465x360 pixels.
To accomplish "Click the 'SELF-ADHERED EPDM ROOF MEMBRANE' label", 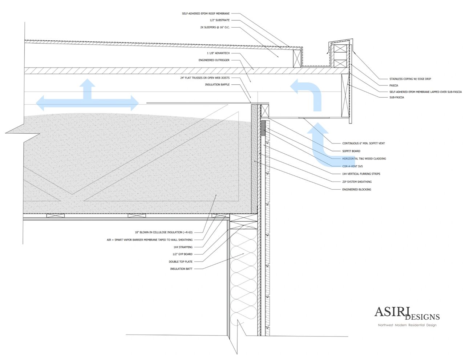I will click(206, 14).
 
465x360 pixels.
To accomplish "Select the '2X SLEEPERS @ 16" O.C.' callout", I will click(215, 27).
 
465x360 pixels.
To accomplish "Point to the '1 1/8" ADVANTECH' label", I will click(218, 53).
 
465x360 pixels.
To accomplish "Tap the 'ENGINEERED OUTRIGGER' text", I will click(214, 60).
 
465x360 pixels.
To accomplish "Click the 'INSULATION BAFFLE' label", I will click(217, 85).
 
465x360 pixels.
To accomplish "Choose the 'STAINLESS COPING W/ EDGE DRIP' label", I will click(410, 79).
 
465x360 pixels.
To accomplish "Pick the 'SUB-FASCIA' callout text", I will click(397, 97).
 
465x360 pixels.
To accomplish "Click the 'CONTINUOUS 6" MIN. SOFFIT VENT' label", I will click(363, 143).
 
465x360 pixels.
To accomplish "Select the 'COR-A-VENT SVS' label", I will click(352, 166).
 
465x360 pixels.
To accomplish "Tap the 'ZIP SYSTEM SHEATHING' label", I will click(357, 182).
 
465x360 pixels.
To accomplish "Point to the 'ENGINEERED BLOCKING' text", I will click(356, 189).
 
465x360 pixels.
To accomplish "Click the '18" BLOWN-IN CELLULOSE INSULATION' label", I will click(163, 232).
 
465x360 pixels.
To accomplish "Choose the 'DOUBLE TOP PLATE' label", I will click(181, 262).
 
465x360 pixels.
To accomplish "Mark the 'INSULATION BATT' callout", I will click(181, 269).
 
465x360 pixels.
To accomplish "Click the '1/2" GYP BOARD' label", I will click(182, 254).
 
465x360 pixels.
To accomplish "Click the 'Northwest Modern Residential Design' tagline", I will click(407, 325).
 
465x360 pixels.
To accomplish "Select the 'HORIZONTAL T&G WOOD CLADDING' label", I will click(364, 159).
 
